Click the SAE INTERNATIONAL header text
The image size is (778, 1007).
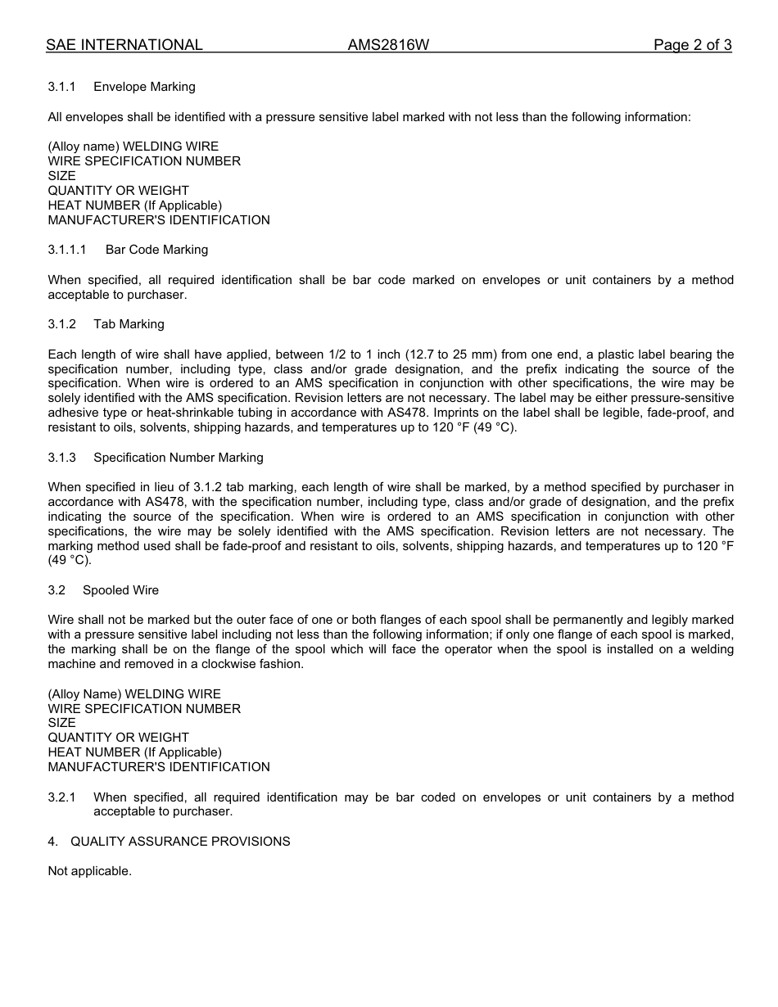124,45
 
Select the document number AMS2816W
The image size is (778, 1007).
388,45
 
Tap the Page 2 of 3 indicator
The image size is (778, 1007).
692,45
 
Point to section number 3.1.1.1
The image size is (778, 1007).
67,250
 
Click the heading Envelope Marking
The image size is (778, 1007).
144,87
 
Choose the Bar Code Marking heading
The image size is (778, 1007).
156,250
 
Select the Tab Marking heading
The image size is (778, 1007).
129,324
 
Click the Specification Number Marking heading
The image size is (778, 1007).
178,458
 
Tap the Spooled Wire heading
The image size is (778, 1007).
120,590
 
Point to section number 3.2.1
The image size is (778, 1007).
61,797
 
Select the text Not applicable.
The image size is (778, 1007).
89,871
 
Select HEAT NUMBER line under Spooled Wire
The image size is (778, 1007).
134,752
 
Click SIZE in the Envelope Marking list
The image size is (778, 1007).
61,176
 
